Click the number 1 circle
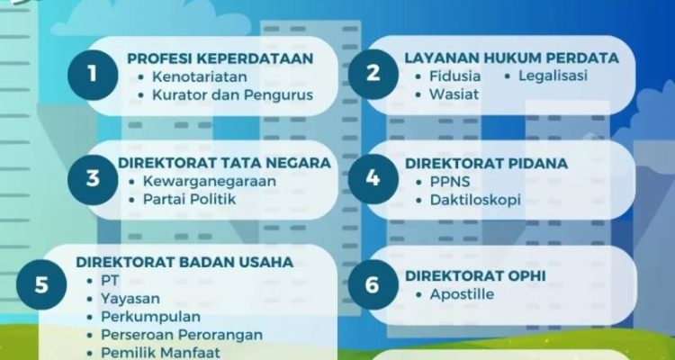[93, 75]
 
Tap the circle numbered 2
[373, 74]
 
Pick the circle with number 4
[373, 179]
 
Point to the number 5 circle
[41, 284]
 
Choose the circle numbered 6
[373, 284]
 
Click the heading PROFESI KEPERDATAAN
[220, 58]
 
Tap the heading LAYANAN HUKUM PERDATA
[511, 58]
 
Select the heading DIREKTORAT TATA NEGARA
[224, 163]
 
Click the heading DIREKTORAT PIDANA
[486, 164]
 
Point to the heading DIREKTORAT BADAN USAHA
[184, 262]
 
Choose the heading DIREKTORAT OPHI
[475, 276]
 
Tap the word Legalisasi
[553, 76]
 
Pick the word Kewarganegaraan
[210, 181]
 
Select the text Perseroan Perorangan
[182, 335]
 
